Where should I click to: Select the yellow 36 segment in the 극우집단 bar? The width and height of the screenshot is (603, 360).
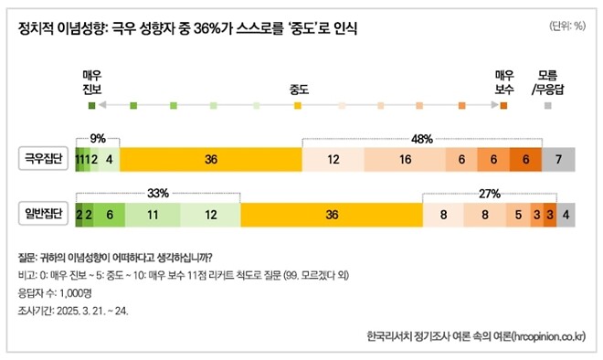[x=211, y=159]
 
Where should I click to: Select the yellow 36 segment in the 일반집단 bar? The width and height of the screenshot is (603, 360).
[x=332, y=215]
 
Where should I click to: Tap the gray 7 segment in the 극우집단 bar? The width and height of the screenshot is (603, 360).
[x=558, y=159]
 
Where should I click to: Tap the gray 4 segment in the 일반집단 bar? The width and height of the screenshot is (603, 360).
[x=566, y=215]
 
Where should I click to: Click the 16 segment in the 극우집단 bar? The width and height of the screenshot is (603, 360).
[x=405, y=159]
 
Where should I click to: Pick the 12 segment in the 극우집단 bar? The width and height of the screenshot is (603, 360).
[x=333, y=159]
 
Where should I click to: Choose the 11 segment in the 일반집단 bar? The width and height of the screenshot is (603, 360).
[x=153, y=215]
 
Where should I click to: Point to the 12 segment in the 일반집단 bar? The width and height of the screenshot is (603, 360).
[x=210, y=215]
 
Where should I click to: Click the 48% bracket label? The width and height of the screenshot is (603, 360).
[x=421, y=138]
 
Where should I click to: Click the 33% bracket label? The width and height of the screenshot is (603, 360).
[x=157, y=194]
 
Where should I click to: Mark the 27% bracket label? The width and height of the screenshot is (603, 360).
[x=489, y=194]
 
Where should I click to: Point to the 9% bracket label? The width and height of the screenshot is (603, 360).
[x=98, y=138]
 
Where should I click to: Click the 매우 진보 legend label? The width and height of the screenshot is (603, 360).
[x=91, y=81]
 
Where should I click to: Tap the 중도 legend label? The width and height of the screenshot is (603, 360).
[x=298, y=89]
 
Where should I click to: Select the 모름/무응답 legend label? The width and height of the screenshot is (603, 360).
[x=547, y=81]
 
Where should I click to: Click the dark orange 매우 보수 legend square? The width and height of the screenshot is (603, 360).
[x=503, y=107]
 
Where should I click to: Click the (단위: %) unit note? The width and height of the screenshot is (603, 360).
[x=567, y=26]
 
